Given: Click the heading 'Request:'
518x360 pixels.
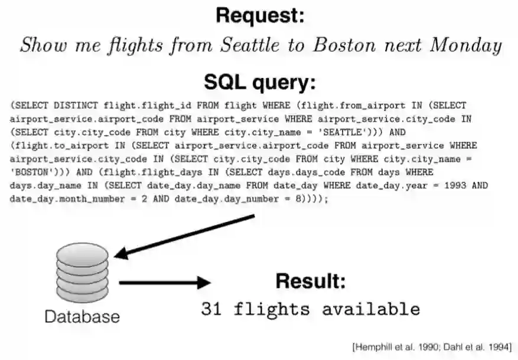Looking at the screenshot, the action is click(260, 16).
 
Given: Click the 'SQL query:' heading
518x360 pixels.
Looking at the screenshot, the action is click(260, 82).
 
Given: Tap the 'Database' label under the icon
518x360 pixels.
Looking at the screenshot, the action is click(82, 316).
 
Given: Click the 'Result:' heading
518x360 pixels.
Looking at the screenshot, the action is click(310, 281).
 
